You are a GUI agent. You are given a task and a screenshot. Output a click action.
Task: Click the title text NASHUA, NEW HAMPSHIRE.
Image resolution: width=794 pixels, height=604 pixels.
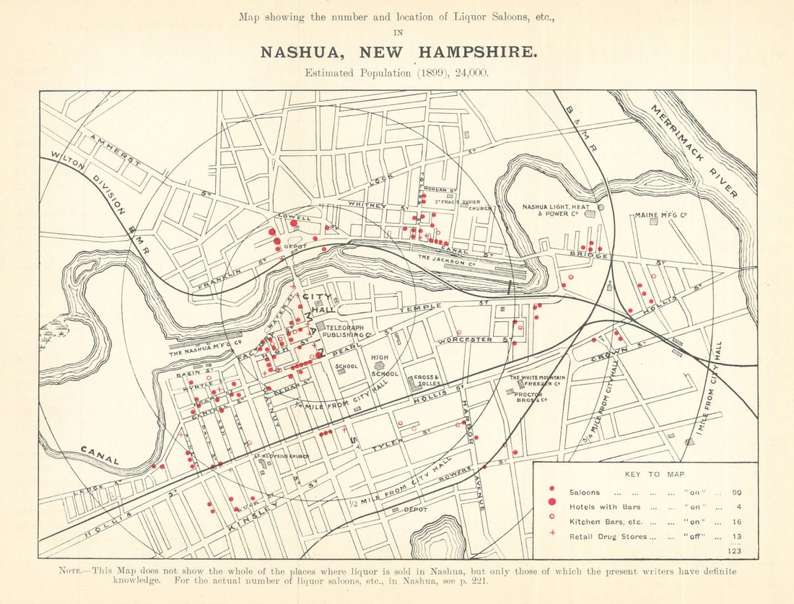[x=398, y=53]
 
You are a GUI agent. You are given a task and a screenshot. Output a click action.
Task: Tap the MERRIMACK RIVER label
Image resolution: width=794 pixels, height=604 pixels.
[x=694, y=151]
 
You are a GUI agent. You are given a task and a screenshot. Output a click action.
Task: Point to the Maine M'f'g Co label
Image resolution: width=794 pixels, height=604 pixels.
[x=660, y=215]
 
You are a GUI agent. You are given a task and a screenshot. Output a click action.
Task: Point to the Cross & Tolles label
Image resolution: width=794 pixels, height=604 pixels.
[x=427, y=380]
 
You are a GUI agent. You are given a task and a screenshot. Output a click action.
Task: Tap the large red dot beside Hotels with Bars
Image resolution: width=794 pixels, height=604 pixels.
[x=552, y=502]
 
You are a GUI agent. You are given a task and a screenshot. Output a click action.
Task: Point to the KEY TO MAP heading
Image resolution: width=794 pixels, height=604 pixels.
[x=645, y=474]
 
